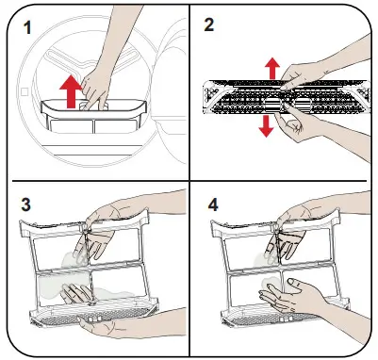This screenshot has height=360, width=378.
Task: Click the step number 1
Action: (x=27, y=27)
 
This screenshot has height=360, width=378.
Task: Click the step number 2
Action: (x=209, y=25)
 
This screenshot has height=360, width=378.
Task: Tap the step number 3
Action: (x=26, y=205)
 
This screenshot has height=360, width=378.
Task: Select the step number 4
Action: (x=213, y=205)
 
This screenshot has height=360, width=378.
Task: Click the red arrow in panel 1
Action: (x=70, y=91)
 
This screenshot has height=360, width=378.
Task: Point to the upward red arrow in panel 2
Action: (x=272, y=68)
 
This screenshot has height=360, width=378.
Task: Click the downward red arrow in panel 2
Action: (x=267, y=126)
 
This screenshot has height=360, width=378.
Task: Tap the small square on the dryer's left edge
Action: (x=25, y=91)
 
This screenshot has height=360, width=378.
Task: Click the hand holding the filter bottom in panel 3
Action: (x=104, y=323)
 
